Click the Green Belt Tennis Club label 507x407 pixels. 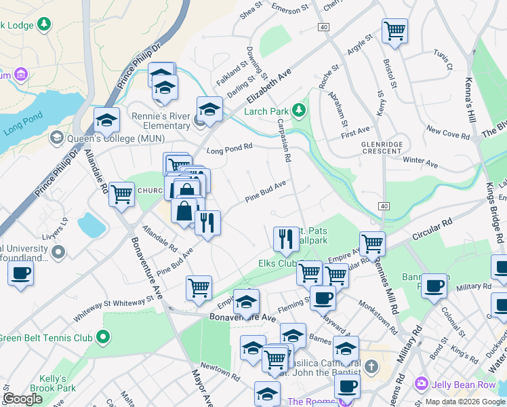tap(46, 337)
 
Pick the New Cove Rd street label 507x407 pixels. tap(443, 129)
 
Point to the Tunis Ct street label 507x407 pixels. tap(443, 60)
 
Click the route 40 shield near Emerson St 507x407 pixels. tap(324, 26)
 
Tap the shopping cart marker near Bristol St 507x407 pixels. tap(394, 31)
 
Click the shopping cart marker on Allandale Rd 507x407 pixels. tap(121, 193)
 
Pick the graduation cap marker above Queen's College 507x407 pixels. tap(106, 120)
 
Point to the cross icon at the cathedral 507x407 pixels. tap(371, 367)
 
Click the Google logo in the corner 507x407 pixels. tap(22, 399)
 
